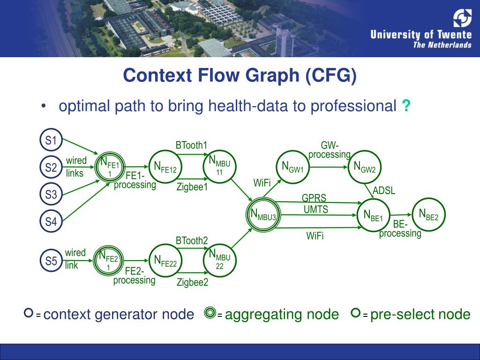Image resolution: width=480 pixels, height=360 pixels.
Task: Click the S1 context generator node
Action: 51,140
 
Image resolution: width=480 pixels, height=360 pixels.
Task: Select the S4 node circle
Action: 51,221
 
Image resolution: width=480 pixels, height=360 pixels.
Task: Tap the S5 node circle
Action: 51,261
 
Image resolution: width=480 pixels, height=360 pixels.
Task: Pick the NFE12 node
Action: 165,167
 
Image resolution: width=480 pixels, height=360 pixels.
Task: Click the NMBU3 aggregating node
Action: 263,214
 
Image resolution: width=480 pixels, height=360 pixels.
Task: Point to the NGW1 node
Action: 292,167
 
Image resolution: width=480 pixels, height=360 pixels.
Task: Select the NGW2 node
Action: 365,167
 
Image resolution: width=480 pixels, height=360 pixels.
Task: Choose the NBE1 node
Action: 374,215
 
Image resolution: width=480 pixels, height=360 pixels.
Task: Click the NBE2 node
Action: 428,215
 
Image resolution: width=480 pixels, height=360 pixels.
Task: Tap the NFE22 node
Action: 165,261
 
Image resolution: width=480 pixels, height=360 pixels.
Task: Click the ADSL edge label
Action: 384,191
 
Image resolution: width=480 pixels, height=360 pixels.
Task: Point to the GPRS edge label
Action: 314,198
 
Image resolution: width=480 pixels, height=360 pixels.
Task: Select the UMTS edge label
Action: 316,210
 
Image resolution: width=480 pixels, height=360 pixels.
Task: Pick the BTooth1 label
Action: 191,145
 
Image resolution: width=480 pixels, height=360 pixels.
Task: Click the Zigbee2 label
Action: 192,282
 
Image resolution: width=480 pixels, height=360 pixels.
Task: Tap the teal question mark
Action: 405,106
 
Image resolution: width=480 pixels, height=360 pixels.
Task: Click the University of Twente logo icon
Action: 462,18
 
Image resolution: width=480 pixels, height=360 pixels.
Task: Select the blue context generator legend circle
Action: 29,313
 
